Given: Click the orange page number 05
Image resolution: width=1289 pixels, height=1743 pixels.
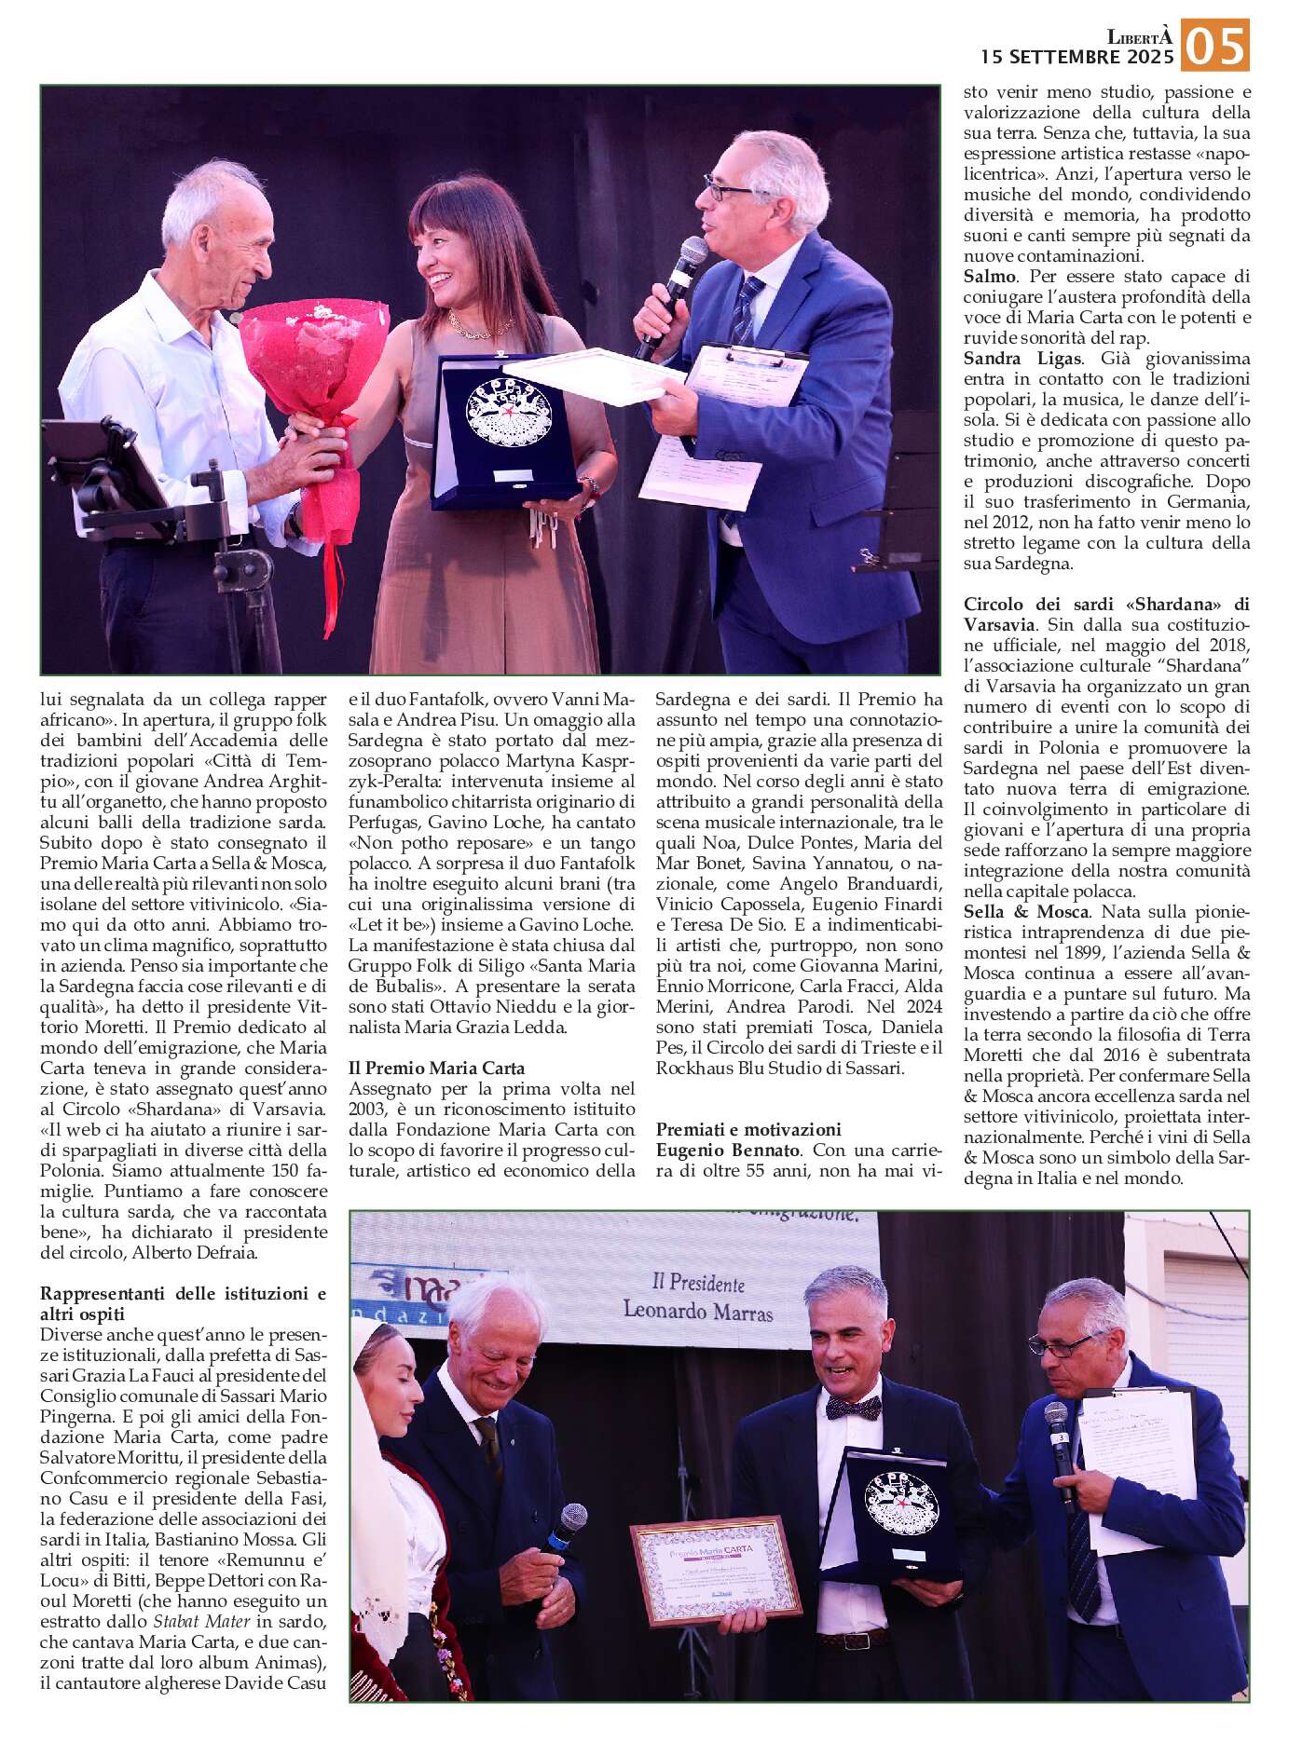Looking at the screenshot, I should tap(1214, 45).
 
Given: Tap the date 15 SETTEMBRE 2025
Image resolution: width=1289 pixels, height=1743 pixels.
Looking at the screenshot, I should tap(1076, 58).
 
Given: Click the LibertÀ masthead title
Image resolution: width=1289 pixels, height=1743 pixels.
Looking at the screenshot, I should tap(1139, 37).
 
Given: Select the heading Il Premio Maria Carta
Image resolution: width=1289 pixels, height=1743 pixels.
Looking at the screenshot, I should tap(436, 1069).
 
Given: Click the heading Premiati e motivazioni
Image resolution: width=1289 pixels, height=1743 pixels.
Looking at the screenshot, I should tap(748, 1130).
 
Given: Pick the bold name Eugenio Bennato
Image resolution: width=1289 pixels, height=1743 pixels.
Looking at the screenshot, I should tap(727, 1151).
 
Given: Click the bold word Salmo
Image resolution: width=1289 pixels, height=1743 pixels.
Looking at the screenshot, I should tap(989, 277).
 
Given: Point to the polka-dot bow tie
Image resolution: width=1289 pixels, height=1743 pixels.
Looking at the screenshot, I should tap(852, 1409).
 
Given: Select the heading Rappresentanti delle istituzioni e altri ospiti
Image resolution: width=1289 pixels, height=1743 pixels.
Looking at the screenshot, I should tap(183, 1303).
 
